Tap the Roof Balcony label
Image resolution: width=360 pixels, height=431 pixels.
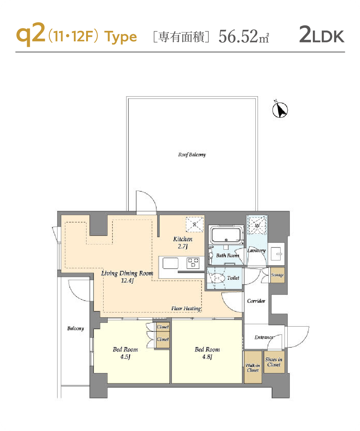coord(192,155)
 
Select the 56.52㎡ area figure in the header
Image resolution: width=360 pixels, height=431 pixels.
coord(243,36)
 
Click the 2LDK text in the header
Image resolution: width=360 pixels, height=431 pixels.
coord(321,35)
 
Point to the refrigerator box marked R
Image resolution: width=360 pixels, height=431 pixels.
coord(195,224)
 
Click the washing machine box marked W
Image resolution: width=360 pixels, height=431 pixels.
coord(257,225)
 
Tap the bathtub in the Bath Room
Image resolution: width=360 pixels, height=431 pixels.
coord(226,235)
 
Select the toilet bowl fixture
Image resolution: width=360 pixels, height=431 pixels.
coord(217,278)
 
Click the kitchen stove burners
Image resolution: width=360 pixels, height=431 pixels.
coord(193,263)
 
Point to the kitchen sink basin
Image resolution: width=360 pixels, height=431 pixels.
coord(170,263)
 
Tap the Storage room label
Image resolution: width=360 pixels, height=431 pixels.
coord(277,275)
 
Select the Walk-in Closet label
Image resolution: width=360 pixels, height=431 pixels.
coord(253,368)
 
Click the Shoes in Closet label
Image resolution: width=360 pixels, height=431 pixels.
coord(274,362)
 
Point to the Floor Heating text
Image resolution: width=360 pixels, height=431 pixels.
coord(186,309)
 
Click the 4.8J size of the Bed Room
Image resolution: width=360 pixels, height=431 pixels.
coord(207,357)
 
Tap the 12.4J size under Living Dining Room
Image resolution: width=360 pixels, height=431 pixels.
coord(127,281)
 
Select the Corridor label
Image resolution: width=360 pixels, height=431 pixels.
coord(256,301)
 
